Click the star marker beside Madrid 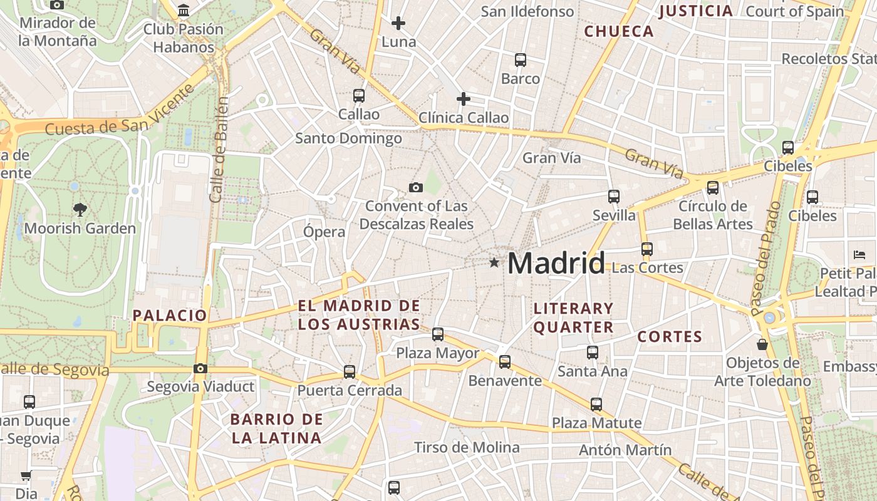tap(494, 263)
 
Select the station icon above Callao tap(359, 96)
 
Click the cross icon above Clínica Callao tap(464, 99)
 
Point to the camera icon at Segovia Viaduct tap(200, 369)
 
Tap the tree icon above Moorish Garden tap(80, 210)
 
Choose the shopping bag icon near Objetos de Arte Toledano tap(762, 344)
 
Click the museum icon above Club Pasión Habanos tap(184, 11)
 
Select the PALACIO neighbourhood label tap(169, 315)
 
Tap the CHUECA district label tap(619, 31)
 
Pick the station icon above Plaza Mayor tap(438, 334)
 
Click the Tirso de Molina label tap(467, 447)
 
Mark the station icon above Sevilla tap(614, 197)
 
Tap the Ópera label tap(324, 232)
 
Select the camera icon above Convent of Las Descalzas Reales tap(415, 187)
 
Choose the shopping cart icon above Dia tap(26, 476)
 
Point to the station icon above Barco tap(521, 60)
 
